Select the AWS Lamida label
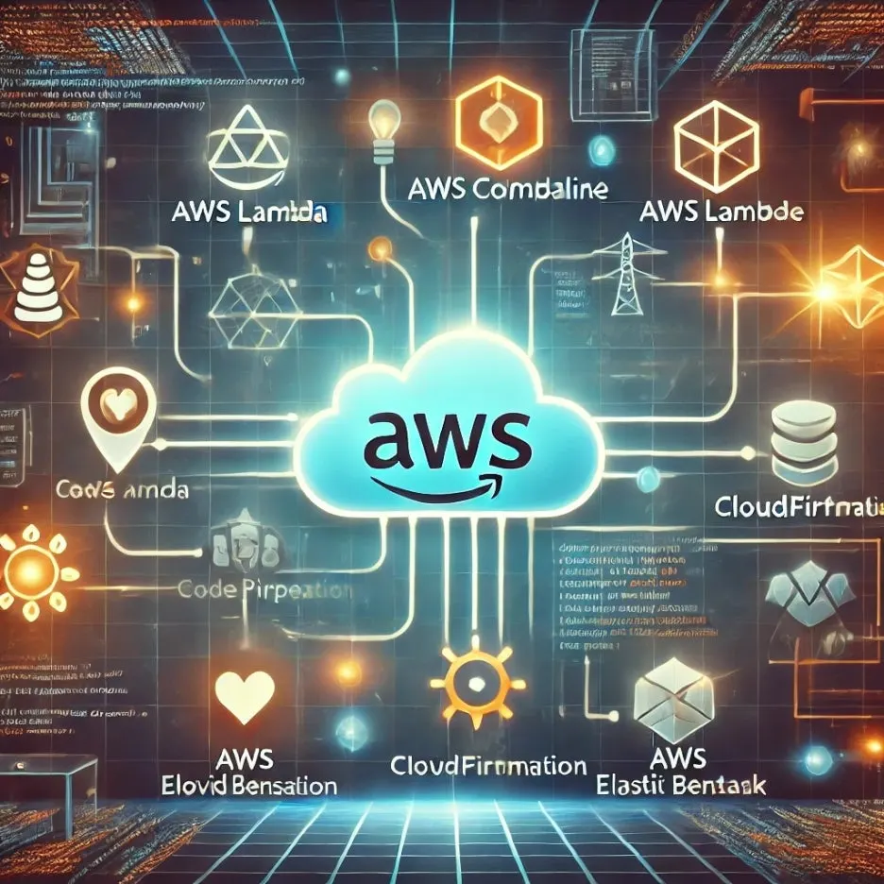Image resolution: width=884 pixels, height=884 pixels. pyautogui.click(x=250, y=212)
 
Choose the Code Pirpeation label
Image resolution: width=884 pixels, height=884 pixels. pyautogui.click(x=265, y=590)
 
